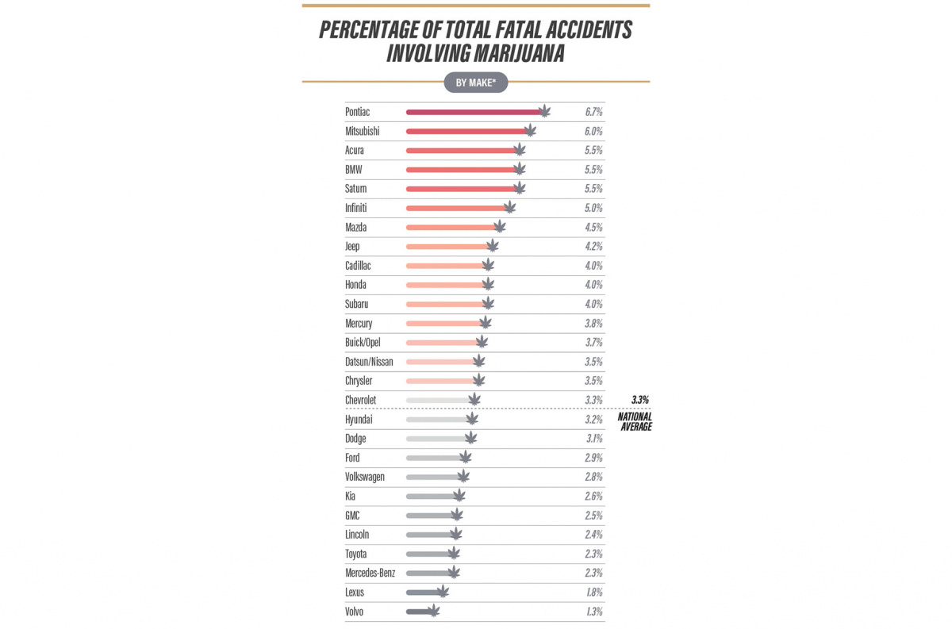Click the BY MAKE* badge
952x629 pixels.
pyautogui.click(x=475, y=82)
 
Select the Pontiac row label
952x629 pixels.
pyautogui.click(x=357, y=113)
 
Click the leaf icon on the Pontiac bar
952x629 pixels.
pyautogui.click(x=544, y=112)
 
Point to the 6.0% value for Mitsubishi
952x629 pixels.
pyautogui.click(x=593, y=132)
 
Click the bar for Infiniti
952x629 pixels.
pyautogui.click(x=455, y=208)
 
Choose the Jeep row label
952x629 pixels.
pyautogui.click(x=352, y=247)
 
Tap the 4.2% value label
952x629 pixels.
pyautogui.click(x=593, y=247)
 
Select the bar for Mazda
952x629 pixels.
pyautogui.click(x=451, y=228)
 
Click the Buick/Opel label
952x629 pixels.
pyautogui.click(x=363, y=343)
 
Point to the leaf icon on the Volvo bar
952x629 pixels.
pyautogui.click(x=432, y=611)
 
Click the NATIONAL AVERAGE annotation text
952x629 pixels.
pyautogui.click(x=635, y=422)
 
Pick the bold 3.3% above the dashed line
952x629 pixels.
pyautogui.click(x=640, y=400)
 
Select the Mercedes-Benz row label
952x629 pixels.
pyautogui.click(x=370, y=573)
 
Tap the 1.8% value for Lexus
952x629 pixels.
pyautogui.click(x=593, y=592)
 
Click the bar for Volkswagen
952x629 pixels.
pyautogui.click(x=433, y=477)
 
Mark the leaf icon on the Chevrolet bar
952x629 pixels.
pyautogui.click(x=474, y=400)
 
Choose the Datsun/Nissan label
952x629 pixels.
pyautogui.click(x=369, y=362)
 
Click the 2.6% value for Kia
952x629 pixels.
pyautogui.click(x=593, y=496)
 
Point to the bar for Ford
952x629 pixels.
pyautogui.click(x=434, y=458)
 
